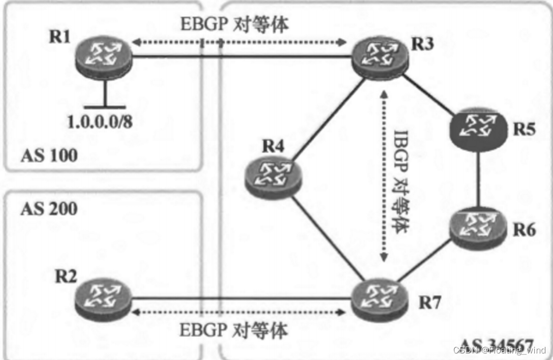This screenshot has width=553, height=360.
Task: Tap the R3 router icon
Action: pyautogui.click(x=379, y=57)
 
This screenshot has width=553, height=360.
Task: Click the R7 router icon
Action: pyautogui.click(x=379, y=300)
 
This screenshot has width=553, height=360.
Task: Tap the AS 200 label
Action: pyautogui.click(x=49, y=207)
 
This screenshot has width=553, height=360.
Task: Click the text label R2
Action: pyautogui.click(x=67, y=275)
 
